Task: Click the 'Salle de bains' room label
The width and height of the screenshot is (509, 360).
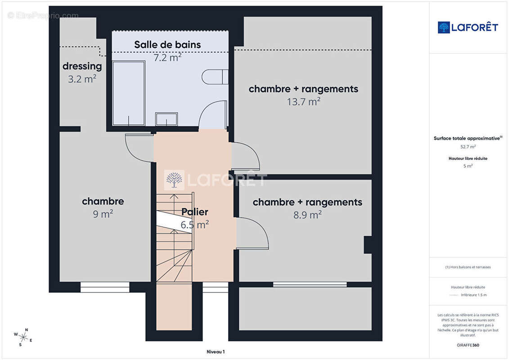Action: coord(167,45)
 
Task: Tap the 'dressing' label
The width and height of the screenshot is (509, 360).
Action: coord(82,66)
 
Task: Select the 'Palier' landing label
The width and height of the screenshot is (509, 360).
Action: coord(195,212)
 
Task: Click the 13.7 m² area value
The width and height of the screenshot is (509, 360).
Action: coord(303,102)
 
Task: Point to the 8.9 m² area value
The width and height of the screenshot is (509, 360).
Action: coord(307,215)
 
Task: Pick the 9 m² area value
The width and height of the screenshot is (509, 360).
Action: coord(103,214)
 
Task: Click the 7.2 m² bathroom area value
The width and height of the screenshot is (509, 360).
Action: coord(167,58)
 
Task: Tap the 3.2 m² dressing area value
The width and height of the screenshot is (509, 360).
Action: coord(82,79)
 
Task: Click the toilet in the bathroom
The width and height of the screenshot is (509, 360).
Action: coord(215,77)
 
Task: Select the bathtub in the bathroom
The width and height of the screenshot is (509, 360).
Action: coord(129,93)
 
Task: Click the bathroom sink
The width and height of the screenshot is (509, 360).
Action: coord(167,119)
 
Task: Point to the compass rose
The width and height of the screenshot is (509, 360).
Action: coord(23,337)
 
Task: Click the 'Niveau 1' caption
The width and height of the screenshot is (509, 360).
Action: coord(216,351)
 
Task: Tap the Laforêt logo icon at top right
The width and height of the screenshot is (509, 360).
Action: coord(444,27)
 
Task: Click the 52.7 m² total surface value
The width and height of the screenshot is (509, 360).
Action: coord(468,147)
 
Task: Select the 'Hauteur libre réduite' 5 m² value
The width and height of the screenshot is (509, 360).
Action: coord(468,166)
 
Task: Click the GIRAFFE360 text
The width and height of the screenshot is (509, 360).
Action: coord(468,345)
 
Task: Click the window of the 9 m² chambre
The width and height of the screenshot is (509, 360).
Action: coord(105,287)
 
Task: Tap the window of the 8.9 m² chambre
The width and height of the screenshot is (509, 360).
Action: coord(310,284)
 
